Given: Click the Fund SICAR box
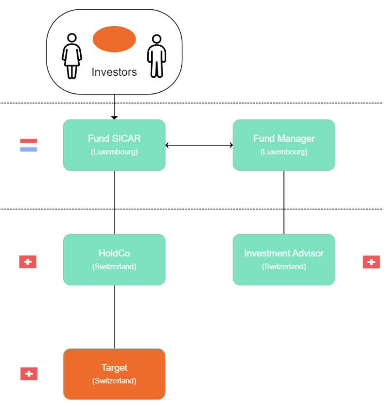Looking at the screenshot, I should click(114, 145).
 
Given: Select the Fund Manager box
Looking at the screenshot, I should click(284, 145).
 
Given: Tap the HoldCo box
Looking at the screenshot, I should click(114, 259).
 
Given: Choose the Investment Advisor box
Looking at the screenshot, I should click(284, 259).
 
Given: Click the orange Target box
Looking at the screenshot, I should click(114, 374).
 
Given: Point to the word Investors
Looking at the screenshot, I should click(114, 72).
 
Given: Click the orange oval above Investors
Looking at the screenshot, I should click(114, 39).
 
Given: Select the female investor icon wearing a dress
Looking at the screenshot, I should click(72, 56).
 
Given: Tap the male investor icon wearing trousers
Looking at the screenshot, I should click(156, 56).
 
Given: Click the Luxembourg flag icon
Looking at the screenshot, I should click(29, 145).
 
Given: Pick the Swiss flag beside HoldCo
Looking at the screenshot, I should click(28, 262).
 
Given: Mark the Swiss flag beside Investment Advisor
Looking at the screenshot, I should click(371, 262).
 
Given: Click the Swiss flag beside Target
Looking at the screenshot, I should click(29, 373).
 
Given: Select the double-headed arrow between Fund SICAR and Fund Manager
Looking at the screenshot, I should click(199, 145).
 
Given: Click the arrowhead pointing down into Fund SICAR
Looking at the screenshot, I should click(114, 117).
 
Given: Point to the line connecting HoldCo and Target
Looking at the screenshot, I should click(114, 317).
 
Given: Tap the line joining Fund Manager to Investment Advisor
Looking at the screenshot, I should click(284, 202).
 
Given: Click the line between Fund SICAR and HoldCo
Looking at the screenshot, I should click(114, 202).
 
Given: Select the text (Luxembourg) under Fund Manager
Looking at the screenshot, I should click(284, 152).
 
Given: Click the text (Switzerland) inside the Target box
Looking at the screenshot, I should click(114, 381).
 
